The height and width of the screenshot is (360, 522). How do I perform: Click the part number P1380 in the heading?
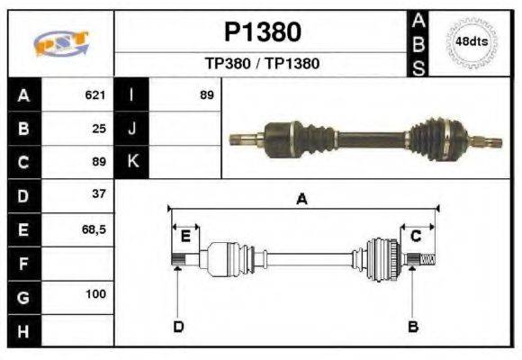click(262, 32)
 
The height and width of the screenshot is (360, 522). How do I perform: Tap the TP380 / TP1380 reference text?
click(262, 64)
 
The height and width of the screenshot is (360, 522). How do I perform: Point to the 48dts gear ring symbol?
click(472, 41)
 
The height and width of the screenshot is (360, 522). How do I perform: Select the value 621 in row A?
click(95, 94)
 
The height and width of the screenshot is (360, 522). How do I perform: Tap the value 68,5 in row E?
click(94, 229)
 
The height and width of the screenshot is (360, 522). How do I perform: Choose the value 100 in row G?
click(95, 294)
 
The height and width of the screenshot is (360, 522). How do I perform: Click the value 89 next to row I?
click(206, 94)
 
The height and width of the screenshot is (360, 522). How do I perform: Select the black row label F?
click(23, 265)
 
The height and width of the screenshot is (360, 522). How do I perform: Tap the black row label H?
click(23, 332)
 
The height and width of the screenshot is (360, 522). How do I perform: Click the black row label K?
click(131, 161)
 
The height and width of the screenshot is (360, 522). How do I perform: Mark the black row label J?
click(131, 128)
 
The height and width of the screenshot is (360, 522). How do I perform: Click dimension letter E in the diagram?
click(184, 236)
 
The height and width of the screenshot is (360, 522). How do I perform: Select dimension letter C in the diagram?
click(416, 236)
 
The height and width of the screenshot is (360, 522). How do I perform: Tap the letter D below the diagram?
click(178, 326)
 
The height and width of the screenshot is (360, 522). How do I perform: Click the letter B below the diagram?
click(413, 326)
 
